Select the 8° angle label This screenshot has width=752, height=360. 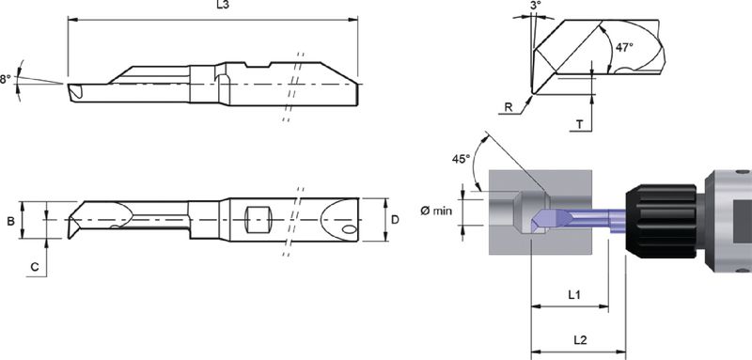[x=6, y=79]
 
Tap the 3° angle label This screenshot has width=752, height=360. [x=536, y=5]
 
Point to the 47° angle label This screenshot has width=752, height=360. [x=625, y=47]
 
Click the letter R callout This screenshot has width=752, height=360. [x=509, y=108]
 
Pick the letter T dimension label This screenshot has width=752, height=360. [x=579, y=125]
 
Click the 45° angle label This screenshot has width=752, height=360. [x=461, y=159]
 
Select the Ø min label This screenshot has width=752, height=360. [x=436, y=211]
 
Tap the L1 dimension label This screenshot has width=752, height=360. [x=574, y=295]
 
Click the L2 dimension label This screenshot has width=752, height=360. [x=580, y=340]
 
